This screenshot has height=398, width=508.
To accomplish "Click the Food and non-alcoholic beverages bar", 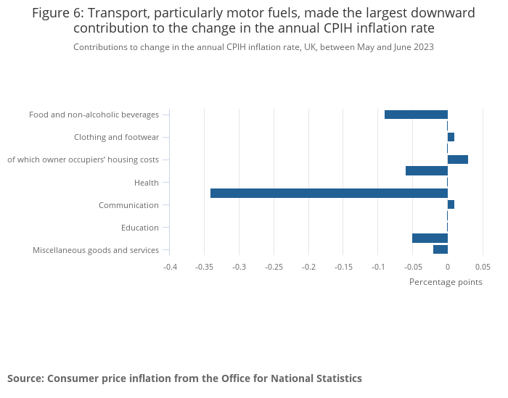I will [416, 115].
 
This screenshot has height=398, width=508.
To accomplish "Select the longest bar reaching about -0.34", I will [329, 194].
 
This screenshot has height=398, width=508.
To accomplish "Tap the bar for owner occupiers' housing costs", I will [458, 159].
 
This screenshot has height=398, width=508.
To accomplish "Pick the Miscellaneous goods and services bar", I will [441, 249].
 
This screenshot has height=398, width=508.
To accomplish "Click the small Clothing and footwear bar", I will [451, 137].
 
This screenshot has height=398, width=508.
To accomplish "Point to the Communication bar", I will [451, 204].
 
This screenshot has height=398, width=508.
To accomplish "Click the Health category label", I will [147, 183].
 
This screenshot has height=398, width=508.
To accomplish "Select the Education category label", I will [140, 228].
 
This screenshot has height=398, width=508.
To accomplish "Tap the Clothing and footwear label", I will [116, 137].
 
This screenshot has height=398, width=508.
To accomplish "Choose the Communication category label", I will [128, 205].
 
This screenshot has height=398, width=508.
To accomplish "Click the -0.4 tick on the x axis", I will [170, 267].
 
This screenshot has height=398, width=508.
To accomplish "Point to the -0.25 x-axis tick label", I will [274, 267].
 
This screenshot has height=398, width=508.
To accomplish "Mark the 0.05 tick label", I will [483, 267].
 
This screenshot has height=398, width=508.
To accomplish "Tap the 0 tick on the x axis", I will [448, 267].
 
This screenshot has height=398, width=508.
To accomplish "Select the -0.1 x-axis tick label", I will [378, 267].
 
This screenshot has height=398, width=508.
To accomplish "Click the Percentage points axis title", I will [446, 282].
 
